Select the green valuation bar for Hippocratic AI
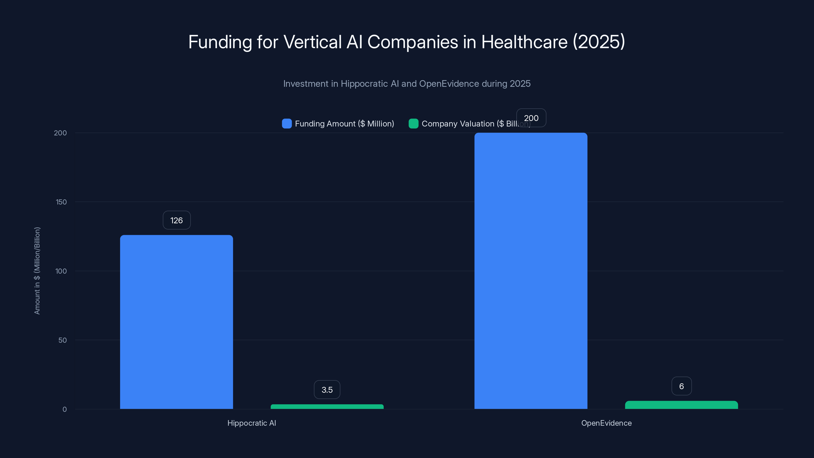click(x=327, y=407)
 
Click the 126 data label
click(x=177, y=220)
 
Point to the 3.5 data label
click(x=327, y=390)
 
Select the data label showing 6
click(x=681, y=386)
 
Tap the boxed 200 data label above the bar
click(x=531, y=118)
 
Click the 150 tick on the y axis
click(x=61, y=202)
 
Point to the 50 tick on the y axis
click(x=63, y=340)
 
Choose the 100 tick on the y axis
click(x=61, y=271)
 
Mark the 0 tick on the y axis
click(x=64, y=409)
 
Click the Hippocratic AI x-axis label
click(x=252, y=423)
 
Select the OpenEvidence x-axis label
click(x=606, y=423)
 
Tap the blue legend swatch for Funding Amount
click(x=287, y=124)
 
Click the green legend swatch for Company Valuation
click(x=413, y=124)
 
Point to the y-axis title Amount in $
click(x=37, y=270)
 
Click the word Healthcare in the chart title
click(x=524, y=42)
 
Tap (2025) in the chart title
click(x=599, y=42)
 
